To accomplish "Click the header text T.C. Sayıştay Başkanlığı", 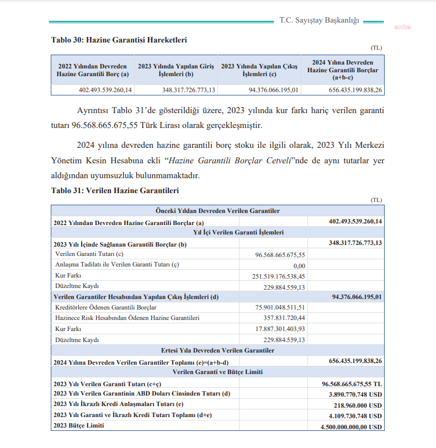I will tap(320, 20).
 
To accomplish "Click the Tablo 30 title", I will tap(119, 40).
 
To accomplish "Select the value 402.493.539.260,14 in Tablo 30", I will tap(105, 90).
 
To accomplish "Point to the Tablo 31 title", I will tap(115, 190).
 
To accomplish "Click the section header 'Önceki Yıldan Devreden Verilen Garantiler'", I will tap(218, 211).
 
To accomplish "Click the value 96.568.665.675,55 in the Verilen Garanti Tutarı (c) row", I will tap(280, 254).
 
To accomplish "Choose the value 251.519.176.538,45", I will tap(279, 275).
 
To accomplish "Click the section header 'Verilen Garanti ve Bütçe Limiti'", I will tap(218, 372).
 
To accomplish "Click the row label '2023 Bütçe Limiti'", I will tap(79, 426).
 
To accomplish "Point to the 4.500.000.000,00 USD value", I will tap(352, 426).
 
